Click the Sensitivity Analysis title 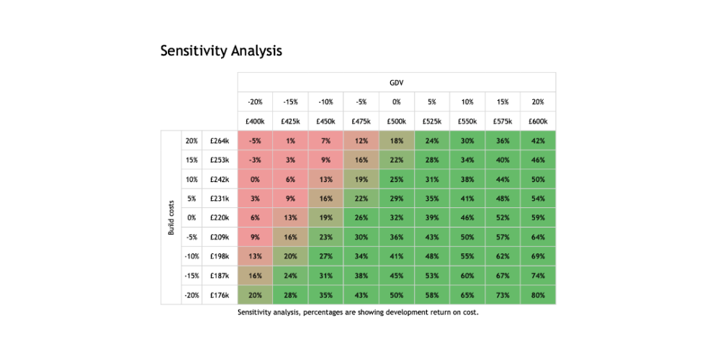click(x=220, y=51)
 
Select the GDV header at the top click(x=397, y=83)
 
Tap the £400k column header click(x=255, y=121)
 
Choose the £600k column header click(x=538, y=121)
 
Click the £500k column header click(x=397, y=121)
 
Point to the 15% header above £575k click(x=503, y=102)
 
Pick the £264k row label click(x=219, y=141)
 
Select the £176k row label click(x=219, y=295)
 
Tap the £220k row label click(x=219, y=217)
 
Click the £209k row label click(x=219, y=237)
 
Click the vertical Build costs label click(x=171, y=218)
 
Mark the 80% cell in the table click(x=538, y=295)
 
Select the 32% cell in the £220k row click(x=397, y=217)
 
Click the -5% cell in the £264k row click(x=255, y=141)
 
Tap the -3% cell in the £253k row click(x=255, y=160)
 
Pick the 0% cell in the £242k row click(x=255, y=179)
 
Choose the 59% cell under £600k click(x=538, y=217)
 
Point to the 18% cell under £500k click(x=397, y=141)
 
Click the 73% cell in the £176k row click(x=503, y=295)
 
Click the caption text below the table click(x=358, y=313)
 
